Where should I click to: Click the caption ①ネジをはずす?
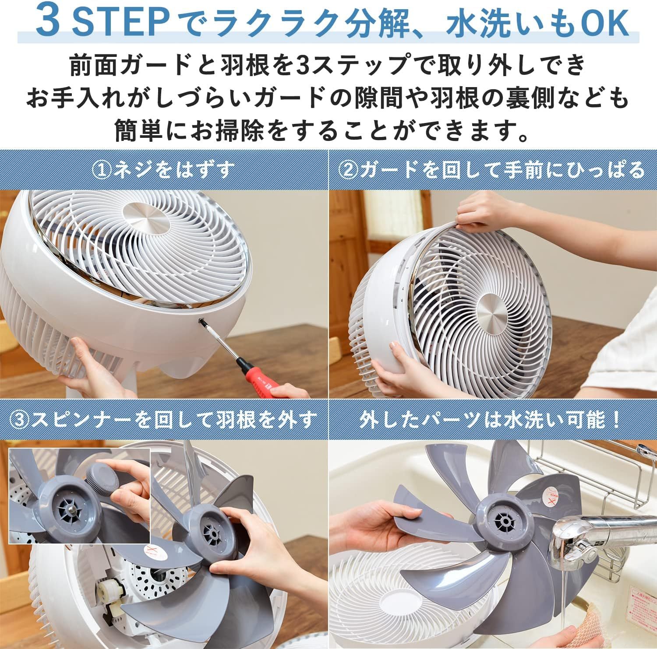click(163, 170)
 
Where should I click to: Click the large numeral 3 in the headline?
click(48, 22)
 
